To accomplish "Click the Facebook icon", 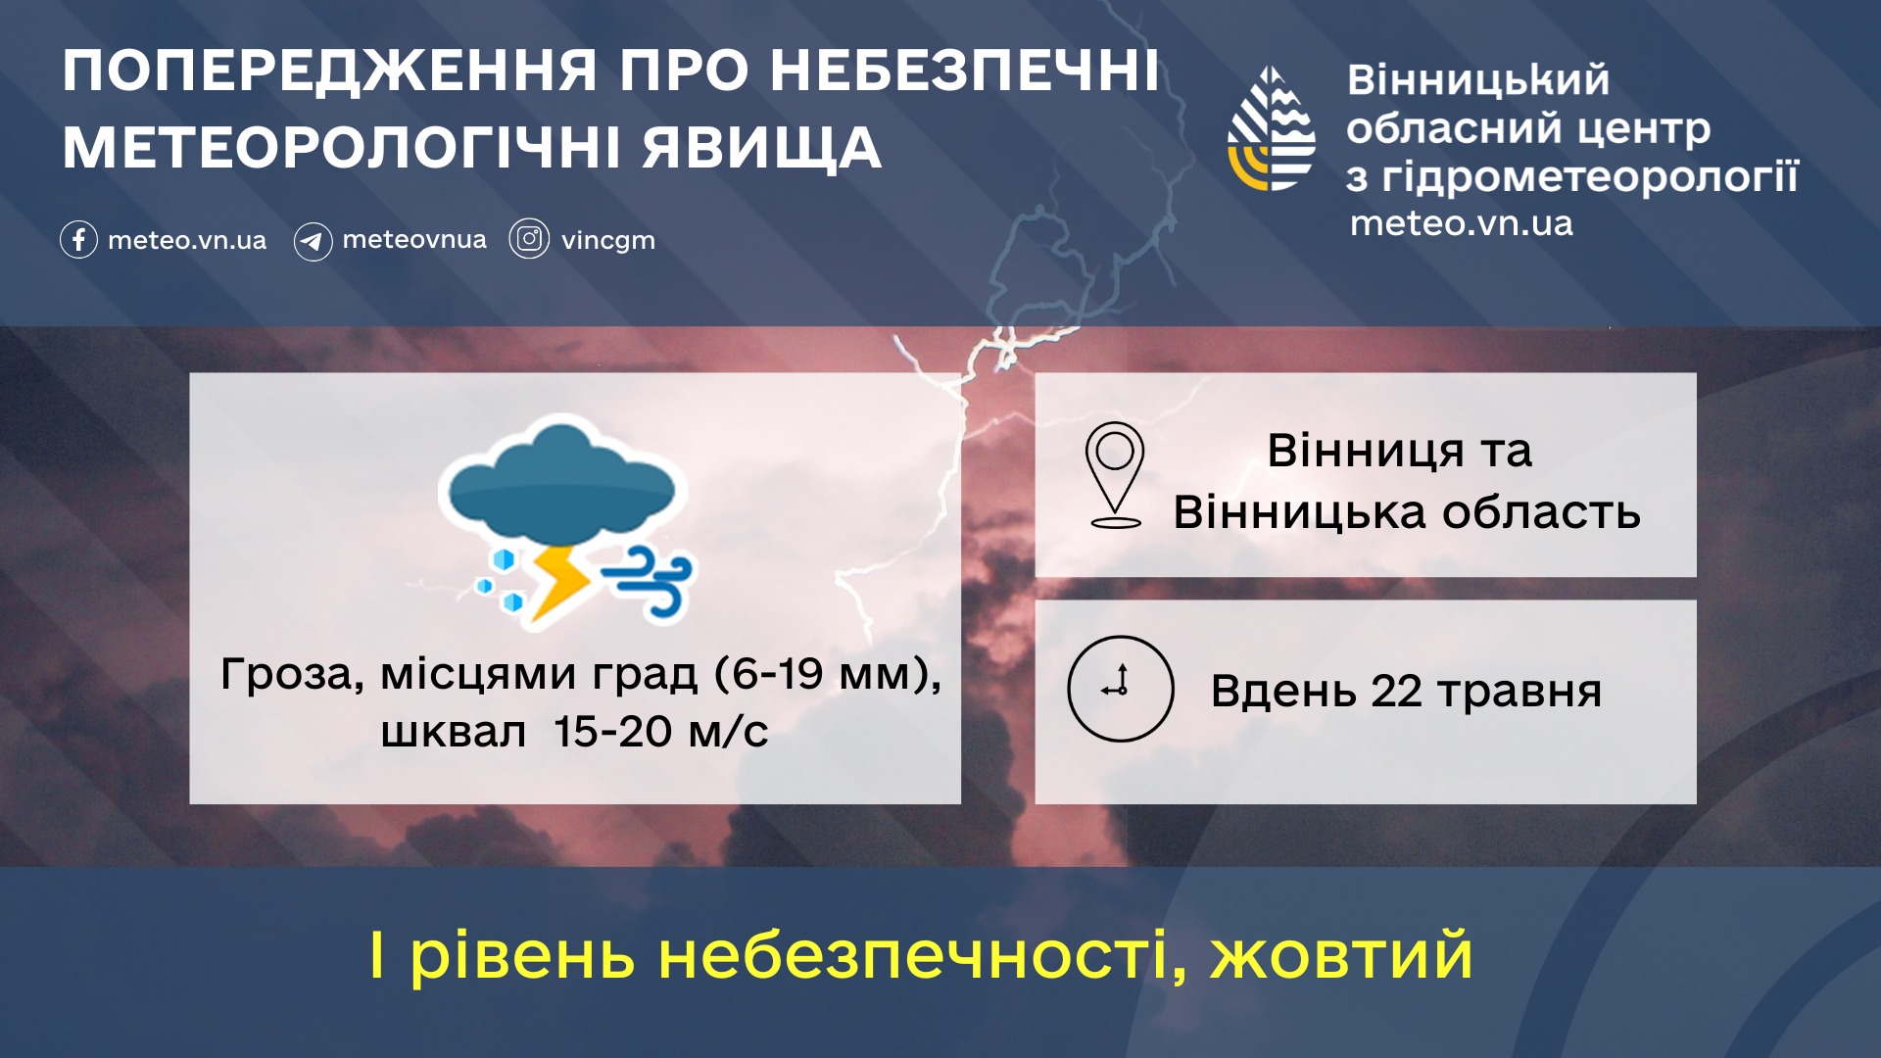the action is (78, 239).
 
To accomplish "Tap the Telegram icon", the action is (313, 241).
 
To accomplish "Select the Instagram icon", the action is (529, 239).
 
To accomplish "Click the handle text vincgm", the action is (607, 241).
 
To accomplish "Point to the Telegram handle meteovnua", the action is (413, 239).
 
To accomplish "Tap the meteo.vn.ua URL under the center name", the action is (1461, 223).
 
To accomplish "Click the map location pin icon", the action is (1115, 475).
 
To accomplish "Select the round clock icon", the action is (1120, 689).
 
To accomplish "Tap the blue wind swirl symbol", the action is (648, 581).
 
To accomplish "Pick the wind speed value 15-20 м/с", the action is (660, 732).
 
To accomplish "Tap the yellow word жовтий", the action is (1341, 955).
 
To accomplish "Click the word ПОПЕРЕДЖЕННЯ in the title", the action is (330, 72).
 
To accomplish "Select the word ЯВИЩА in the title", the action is (762, 148).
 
